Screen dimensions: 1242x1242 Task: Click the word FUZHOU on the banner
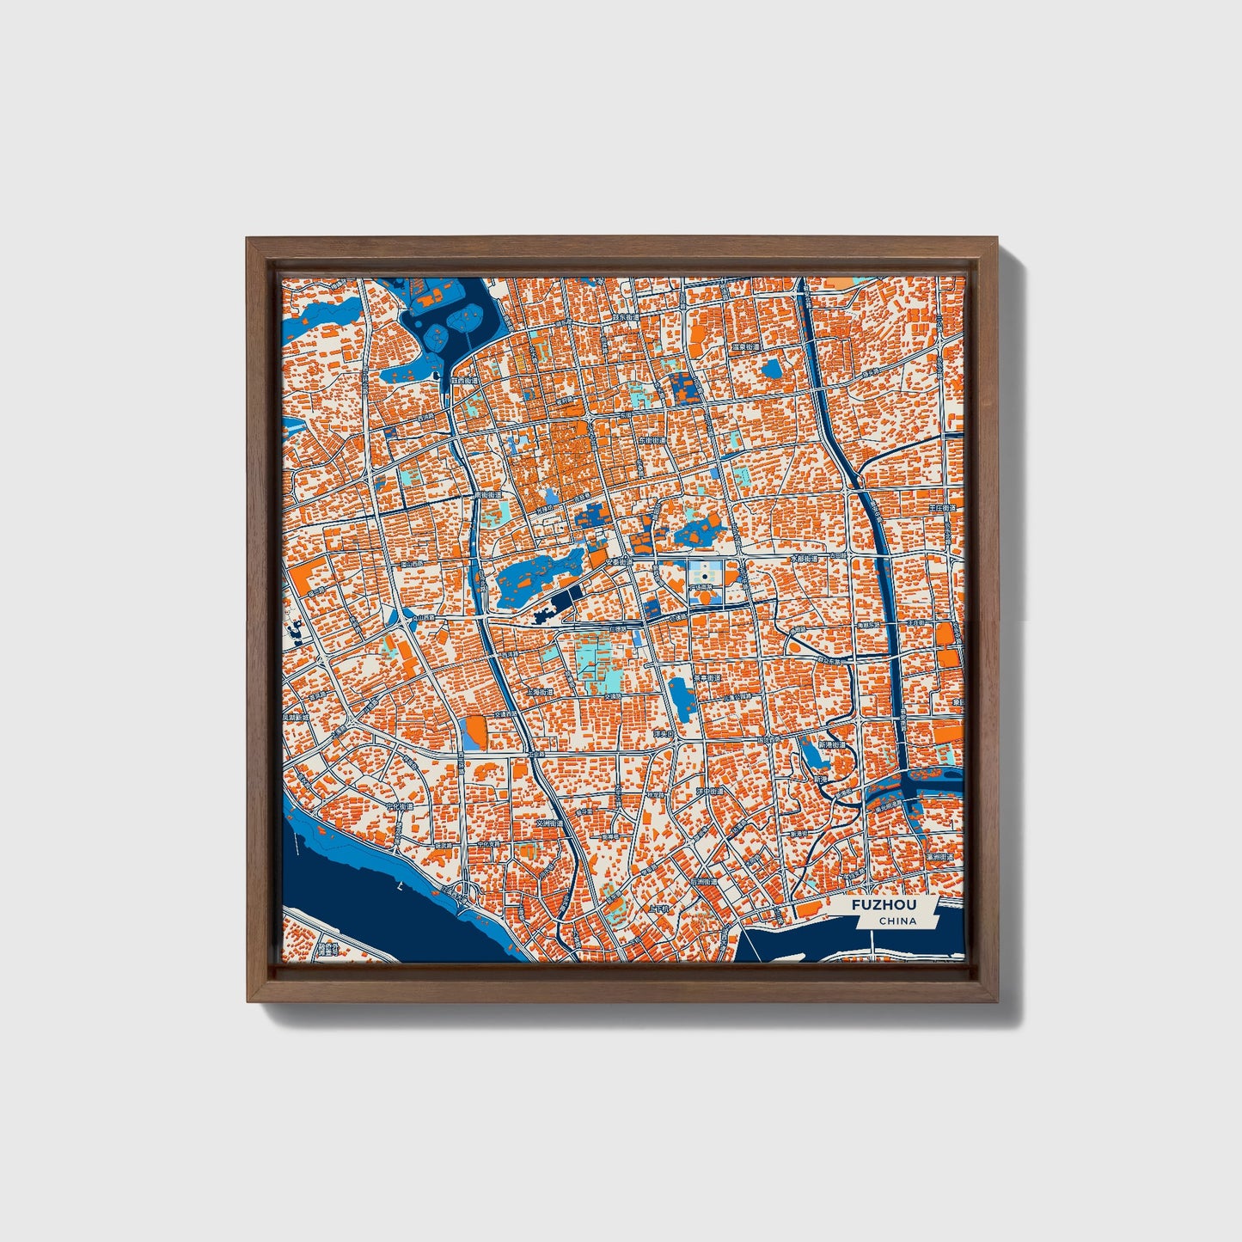(x=884, y=905)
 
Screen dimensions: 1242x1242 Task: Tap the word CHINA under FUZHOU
(x=897, y=921)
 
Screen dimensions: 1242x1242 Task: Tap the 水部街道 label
(x=808, y=559)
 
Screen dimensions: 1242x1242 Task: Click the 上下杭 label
(x=659, y=908)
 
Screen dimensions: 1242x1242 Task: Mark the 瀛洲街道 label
(x=939, y=858)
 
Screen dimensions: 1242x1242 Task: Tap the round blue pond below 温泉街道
(x=772, y=370)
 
